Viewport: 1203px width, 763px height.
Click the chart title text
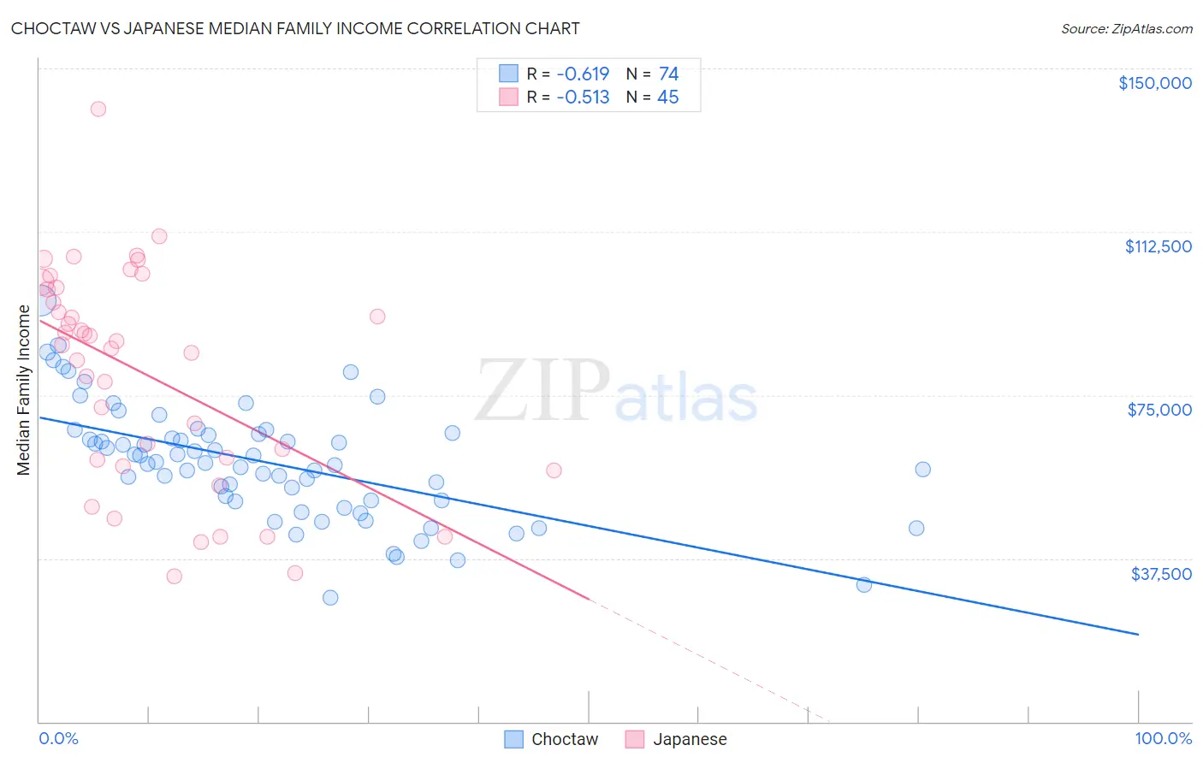click(x=295, y=28)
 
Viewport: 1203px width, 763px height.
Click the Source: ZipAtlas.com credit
click(x=1126, y=28)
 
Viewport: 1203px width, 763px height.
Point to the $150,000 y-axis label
click(x=1154, y=83)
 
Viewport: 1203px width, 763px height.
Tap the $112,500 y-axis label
click(x=1158, y=246)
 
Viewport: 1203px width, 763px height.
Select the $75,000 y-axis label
click(x=1159, y=410)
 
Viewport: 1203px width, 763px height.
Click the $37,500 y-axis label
click(x=1160, y=574)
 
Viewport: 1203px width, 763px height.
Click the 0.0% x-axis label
click(x=58, y=738)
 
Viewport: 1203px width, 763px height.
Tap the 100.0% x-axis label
click(x=1163, y=738)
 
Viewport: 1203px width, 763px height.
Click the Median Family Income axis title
click(x=23, y=390)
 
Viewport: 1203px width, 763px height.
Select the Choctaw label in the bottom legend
click(x=565, y=739)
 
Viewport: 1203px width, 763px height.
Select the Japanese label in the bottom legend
click(x=690, y=739)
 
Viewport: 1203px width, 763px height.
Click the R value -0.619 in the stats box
click(x=583, y=74)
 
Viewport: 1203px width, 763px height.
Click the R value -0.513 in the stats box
click(x=583, y=98)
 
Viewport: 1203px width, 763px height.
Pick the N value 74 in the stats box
click(x=668, y=74)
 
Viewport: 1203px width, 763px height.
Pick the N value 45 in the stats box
click(x=667, y=98)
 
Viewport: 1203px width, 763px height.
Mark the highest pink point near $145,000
click(x=98, y=109)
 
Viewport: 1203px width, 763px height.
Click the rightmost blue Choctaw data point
click(x=922, y=469)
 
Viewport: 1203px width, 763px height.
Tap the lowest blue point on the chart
click(x=330, y=597)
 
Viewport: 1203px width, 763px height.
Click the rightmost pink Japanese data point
click(x=554, y=470)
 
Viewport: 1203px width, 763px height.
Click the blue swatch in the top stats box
click(x=509, y=74)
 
